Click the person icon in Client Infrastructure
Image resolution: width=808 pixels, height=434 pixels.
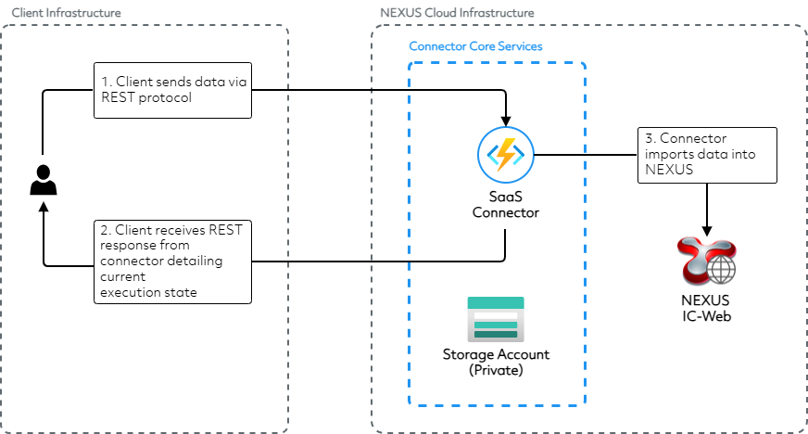point(42,180)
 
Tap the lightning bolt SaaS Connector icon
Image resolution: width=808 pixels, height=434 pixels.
point(505,155)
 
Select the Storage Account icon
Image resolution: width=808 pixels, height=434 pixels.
point(496,318)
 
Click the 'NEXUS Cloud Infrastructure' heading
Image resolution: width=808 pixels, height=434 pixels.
point(457,12)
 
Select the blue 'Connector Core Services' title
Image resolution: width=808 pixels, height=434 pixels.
point(475,45)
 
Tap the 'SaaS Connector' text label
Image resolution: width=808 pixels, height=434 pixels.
point(505,204)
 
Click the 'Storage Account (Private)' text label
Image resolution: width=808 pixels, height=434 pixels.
point(496,362)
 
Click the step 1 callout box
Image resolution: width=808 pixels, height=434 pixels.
point(172,90)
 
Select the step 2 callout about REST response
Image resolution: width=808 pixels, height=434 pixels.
point(172,261)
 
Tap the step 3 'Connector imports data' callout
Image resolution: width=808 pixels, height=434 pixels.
point(707,154)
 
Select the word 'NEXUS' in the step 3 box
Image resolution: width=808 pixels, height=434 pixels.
point(664,172)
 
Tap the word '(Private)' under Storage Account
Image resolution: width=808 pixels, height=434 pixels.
point(496,370)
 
